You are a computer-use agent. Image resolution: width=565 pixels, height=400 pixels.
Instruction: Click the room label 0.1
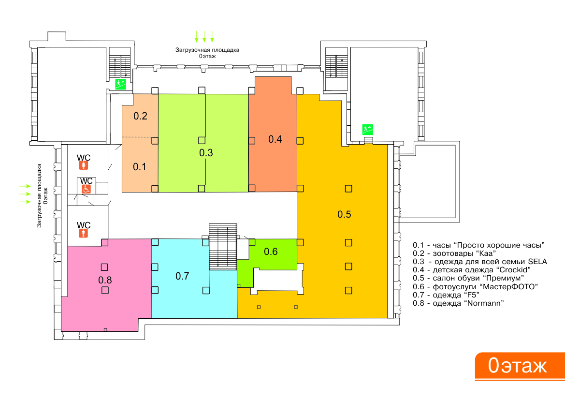[140, 167]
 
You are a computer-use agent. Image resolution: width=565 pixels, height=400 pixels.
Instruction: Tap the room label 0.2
[140, 116]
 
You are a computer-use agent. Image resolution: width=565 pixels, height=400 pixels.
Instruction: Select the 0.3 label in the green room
[206, 152]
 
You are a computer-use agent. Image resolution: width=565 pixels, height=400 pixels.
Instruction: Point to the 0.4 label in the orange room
[275, 139]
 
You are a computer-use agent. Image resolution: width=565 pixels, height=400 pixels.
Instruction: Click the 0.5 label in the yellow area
[344, 214]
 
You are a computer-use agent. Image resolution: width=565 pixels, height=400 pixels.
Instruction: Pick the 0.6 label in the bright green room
[271, 252]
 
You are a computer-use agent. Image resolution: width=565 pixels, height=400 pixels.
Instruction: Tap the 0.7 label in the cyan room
[182, 276]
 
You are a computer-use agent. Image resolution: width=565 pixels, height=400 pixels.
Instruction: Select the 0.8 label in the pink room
[105, 280]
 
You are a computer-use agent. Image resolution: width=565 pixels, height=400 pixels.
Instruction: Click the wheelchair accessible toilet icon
[86, 189]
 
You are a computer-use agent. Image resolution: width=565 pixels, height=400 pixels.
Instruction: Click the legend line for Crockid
[472, 270]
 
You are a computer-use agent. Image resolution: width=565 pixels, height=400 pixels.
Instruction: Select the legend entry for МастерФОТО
[475, 287]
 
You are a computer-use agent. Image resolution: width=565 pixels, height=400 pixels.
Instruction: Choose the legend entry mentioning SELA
[480, 262]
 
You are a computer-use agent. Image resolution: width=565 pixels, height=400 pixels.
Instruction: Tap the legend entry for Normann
[458, 303]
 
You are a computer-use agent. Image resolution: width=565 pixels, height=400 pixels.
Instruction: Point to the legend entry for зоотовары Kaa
[454, 253]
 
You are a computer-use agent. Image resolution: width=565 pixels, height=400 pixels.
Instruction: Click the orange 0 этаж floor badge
[520, 366]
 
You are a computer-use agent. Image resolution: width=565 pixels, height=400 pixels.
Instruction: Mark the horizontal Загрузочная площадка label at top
[207, 53]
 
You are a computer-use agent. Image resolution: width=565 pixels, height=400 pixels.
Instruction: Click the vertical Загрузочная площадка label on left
[42, 195]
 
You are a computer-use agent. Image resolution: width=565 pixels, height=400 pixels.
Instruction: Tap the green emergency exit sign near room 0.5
[367, 129]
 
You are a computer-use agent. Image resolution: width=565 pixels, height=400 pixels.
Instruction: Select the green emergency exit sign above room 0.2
[120, 84]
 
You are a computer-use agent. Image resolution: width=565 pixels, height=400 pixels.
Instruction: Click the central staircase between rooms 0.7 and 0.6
[223, 247]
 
